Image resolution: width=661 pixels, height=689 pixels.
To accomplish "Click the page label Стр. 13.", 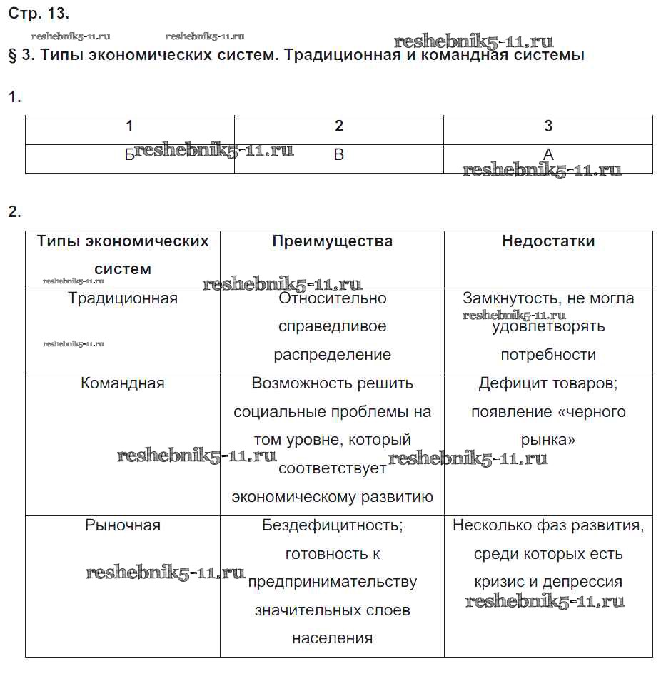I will click(x=39, y=13).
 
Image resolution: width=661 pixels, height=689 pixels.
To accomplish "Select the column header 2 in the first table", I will click(x=339, y=126).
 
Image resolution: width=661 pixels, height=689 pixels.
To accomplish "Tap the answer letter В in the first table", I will click(x=339, y=154).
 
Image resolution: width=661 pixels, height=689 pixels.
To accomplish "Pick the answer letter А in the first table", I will click(x=548, y=154).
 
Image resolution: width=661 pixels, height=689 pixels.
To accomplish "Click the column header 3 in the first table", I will click(x=548, y=126).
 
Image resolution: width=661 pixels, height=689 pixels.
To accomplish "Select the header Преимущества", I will click(x=332, y=241).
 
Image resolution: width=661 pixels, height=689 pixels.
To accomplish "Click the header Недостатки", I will click(x=548, y=241).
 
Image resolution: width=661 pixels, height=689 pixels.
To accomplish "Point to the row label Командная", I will click(x=123, y=383).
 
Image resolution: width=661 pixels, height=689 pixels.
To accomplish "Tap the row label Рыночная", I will click(x=123, y=525).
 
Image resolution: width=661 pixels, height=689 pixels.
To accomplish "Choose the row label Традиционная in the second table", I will click(x=123, y=298).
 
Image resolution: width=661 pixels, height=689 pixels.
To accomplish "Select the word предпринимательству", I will click(x=333, y=582).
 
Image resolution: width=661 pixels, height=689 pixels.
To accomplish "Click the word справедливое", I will click(x=332, y=327).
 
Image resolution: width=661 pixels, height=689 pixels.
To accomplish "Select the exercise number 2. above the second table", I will click(x=15, y=211).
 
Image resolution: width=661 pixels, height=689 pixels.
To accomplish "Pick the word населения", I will click(x=332, y=638).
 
